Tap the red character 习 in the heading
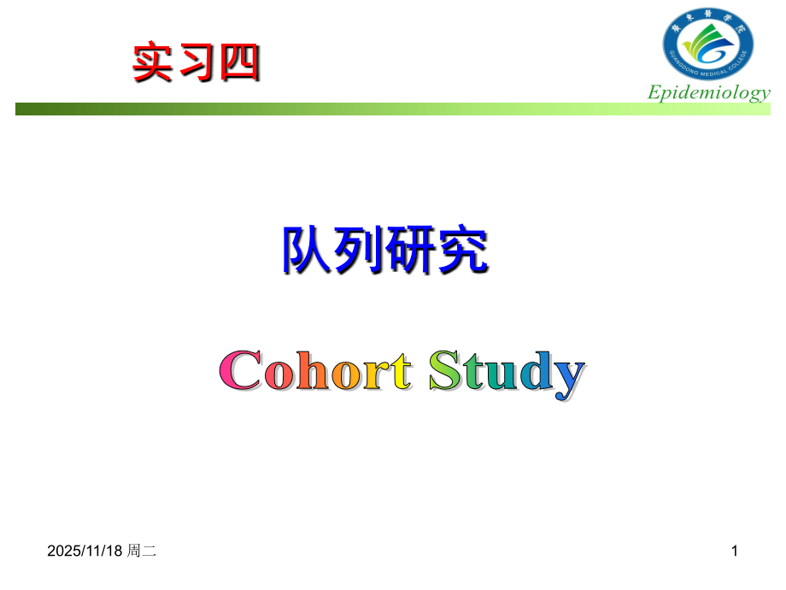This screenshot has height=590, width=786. coord(196,63)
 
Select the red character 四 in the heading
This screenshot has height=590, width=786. coord(237,63)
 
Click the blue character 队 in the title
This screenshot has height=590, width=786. coord(307,249)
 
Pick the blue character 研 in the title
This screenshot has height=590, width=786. coord(411,249)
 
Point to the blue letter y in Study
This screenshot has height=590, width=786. coord(566,378)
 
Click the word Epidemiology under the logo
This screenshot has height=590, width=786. coord(708,92)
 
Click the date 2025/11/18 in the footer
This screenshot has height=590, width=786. coord(85,553)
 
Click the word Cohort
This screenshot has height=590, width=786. coord(316,371)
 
